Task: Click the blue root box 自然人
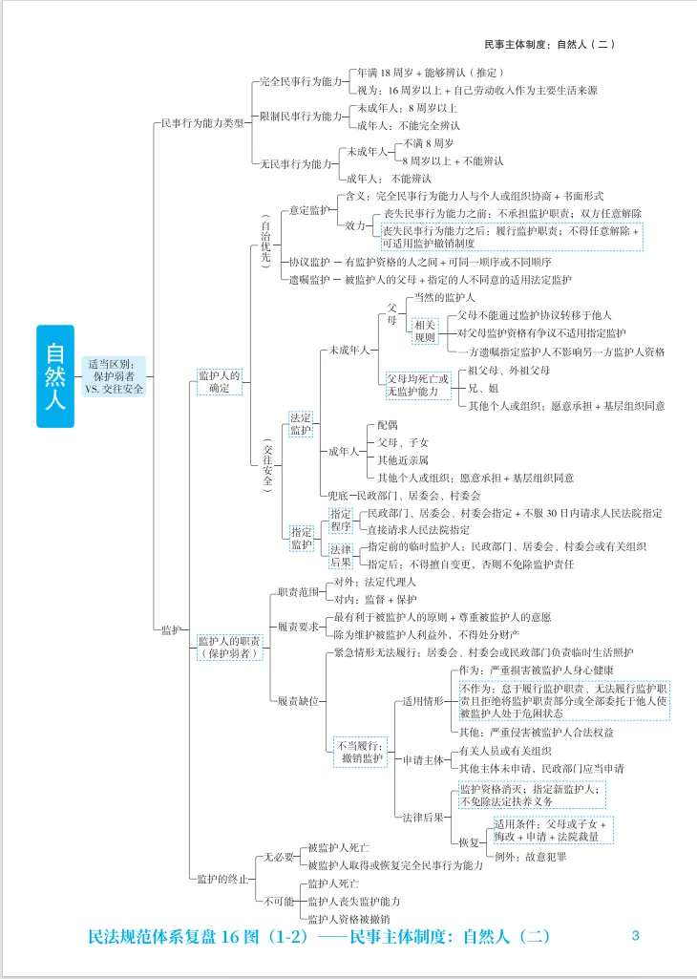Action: pyautogui.click(x=55, y=376)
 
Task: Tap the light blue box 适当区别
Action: pyautogui.click(x=115, y=376)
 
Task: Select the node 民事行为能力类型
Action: pyautogui.click(x=202, y=123)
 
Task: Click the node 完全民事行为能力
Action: pyautogui.click(x=301, y=81)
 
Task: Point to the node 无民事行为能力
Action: pyautogui.click(x=296, y=164)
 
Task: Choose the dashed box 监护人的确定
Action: pyautogui.click(x=219, y=381)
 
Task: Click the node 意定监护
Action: pyautogui.click(x=309, y=210)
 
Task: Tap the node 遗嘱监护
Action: pyautogui.click(x=309, y=280)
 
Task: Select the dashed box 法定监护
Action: pyautogui.click(x=301, y=424)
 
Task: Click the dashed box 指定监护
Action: pyautogui.click(x=301, y=538)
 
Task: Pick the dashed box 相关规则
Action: pyautogui.click(x=425, y=330)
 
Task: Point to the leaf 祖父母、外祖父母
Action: pyautogui.click(x=509, y=371)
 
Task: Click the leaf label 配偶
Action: pyautogui.click(x=388, y=425)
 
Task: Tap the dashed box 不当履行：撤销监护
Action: pyautogui.click(x=360, y=753)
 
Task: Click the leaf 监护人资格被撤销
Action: pyautogui.click(x=349, y=919)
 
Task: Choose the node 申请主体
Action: pyautogui.click(x=423, y=760)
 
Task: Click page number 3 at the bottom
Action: pyautogui.click(x=635, y=935)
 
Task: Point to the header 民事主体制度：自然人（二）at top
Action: pyautogui.click(x=550, y=44)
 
